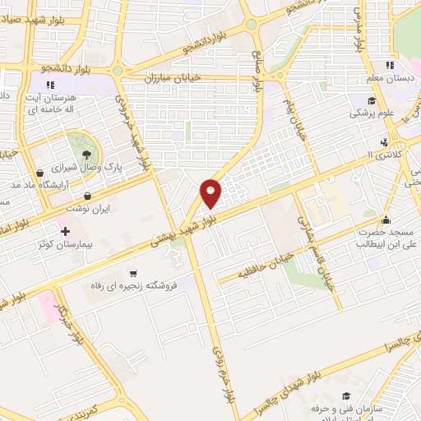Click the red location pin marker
coord(211,193)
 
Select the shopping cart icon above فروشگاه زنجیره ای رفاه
coord(132,274)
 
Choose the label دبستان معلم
coord(390,79)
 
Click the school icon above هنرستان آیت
coord(50,85)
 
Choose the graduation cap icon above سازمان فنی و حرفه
coord(345,396)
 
